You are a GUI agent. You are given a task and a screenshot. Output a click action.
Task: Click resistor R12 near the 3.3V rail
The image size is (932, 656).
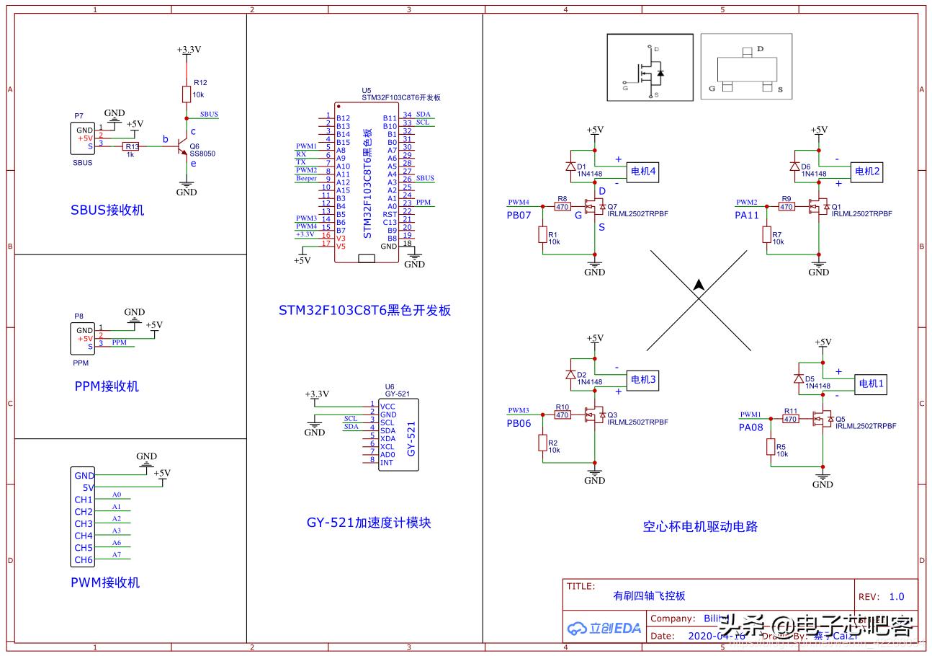pos(187,94)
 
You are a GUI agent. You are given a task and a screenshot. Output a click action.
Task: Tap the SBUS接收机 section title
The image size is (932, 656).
pos(107,210)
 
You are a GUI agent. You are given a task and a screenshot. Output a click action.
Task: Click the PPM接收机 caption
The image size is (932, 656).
pos(107,386)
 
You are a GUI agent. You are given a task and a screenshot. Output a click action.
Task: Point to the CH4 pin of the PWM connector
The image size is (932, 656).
pos(84,536)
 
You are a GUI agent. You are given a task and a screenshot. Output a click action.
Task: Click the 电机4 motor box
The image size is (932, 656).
pos(643,171)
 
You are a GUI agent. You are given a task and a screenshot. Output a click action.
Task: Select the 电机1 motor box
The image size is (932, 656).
pos(869,384)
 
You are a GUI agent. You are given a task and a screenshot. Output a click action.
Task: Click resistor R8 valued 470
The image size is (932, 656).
pos(563,207)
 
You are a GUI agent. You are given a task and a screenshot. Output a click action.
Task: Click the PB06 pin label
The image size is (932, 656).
pos(519,423)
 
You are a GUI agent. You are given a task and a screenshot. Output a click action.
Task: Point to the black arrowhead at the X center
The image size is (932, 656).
pos(698,285)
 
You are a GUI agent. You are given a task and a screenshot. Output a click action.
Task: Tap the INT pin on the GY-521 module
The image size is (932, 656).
pos(387,462)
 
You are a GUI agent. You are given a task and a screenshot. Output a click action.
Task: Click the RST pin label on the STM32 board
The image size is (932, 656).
pos(390,214)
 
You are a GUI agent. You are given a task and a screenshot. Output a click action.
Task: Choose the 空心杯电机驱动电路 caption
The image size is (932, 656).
pos(700,527)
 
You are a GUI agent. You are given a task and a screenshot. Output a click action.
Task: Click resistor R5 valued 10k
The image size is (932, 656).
pos(771,447)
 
